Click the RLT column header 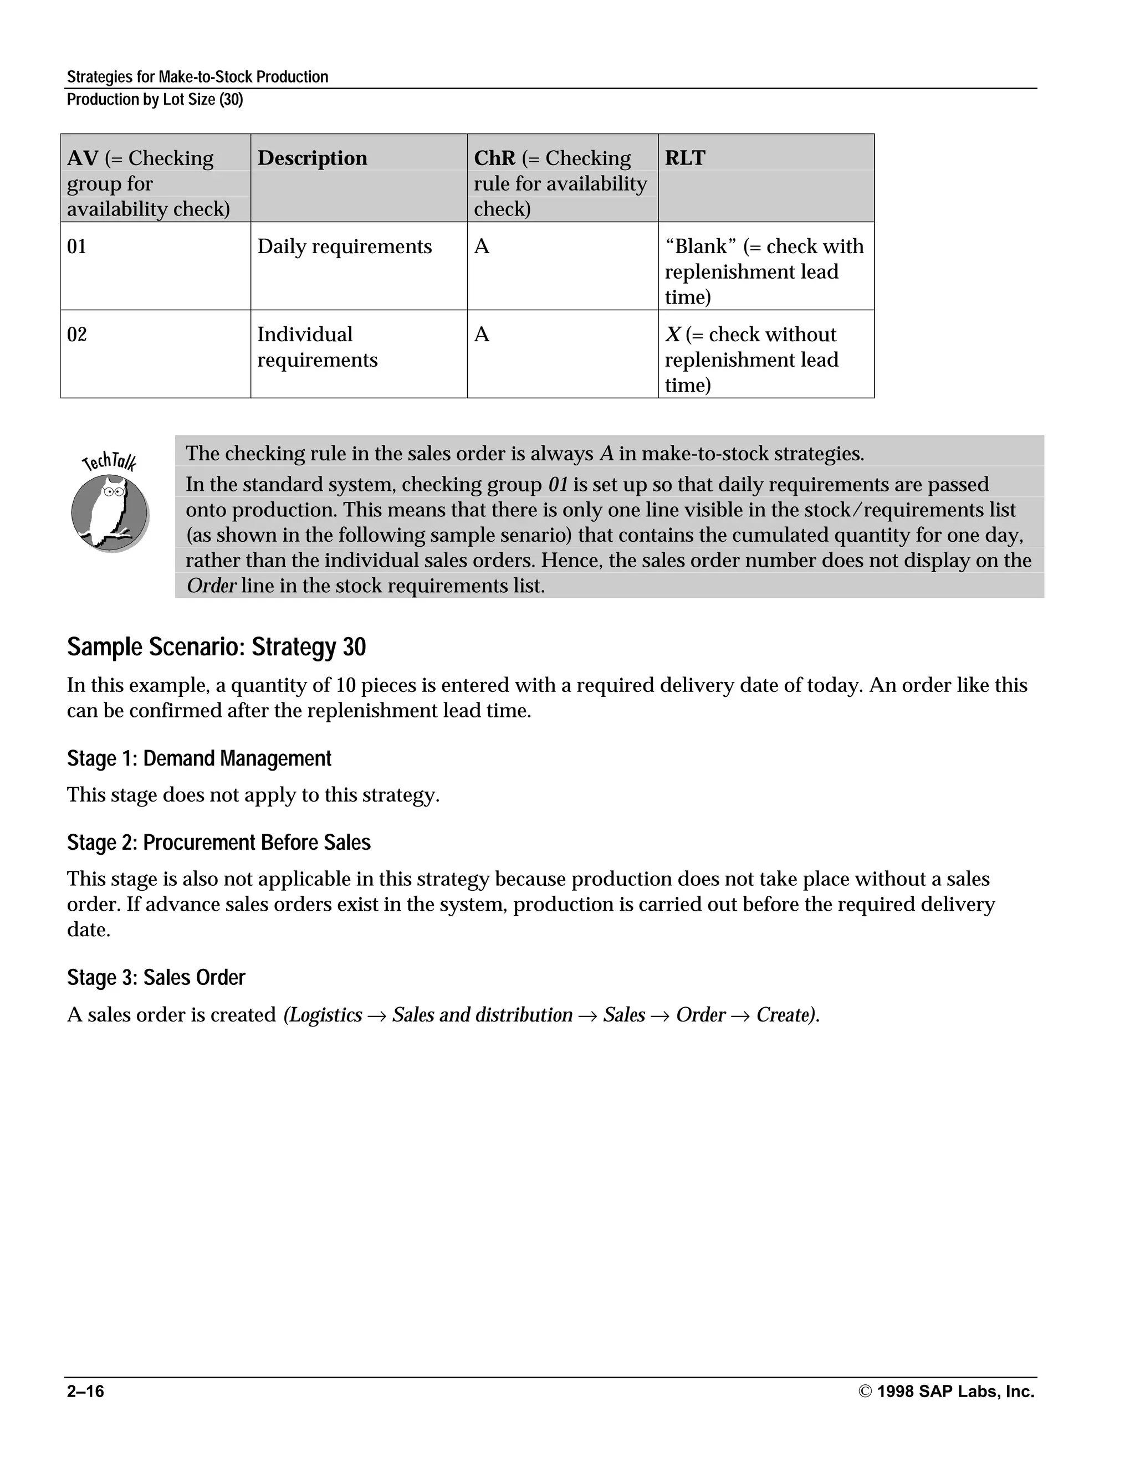(684, 158)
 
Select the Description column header (312, 158)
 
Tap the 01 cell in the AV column (76, 247)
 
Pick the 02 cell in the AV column (76, 335)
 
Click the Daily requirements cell (344, 247)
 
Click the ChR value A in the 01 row (482, 247)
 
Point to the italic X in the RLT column (673, 335)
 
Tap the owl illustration (110, 512)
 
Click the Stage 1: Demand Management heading (199, 758)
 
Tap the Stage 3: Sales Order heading (156, 977)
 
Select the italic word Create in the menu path (785, 1014)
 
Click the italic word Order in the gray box (211, 586)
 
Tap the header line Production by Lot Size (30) (155, 100)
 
